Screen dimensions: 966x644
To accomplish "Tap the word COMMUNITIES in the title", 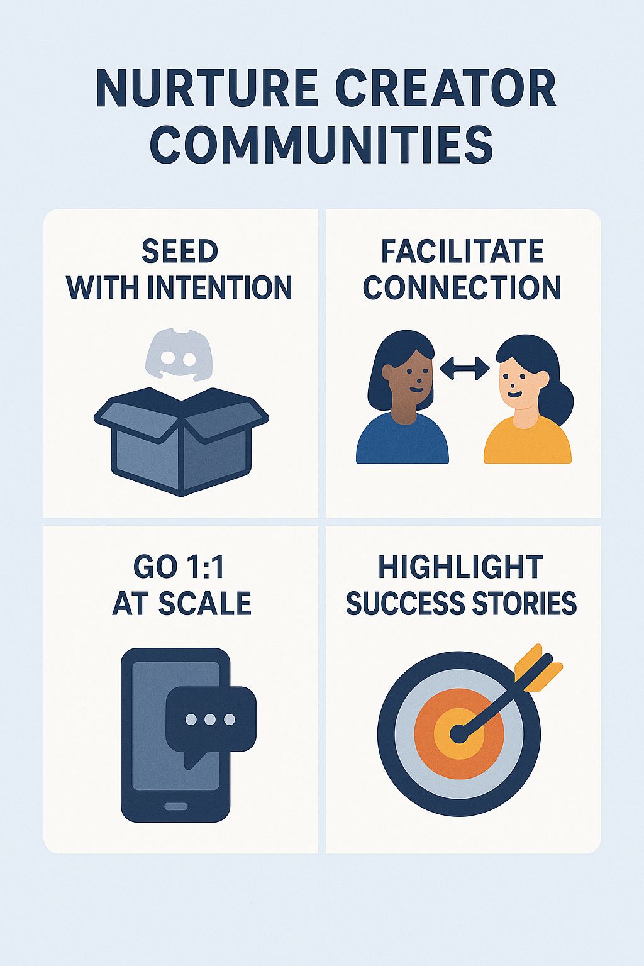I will pyautogui.click(x=321, y=145).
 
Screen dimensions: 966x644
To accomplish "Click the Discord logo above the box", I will pyautogui.click(x=179, y=355).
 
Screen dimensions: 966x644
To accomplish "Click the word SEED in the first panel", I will pyautogui.click(x=180, y=252).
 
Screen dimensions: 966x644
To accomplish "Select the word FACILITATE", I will pyautogui.click(x=462, y=252).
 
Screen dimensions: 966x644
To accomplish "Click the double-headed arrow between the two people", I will pyautogui.click(x=464, y=368).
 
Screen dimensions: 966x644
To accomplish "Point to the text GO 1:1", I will pyautogui.click(x=179, y=567).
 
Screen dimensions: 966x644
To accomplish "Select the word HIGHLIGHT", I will pyautogui.click(x=461, y=567).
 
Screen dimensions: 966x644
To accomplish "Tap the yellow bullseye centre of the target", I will pyautogui.click(x=460, y=733).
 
